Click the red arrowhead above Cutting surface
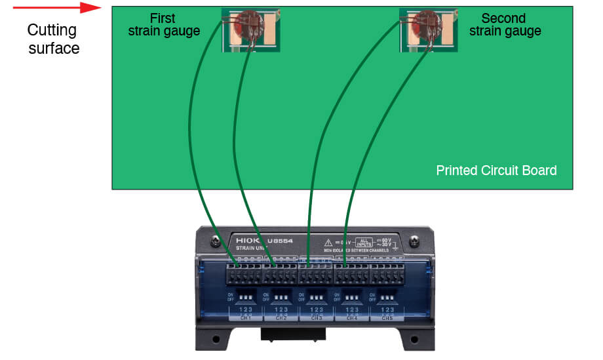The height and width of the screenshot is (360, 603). pyautogui.click(x=91, y=9)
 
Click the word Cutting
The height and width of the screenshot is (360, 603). pyautogui.click(x=52, y=31)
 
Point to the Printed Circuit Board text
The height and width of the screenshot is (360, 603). pyautogui.click(x=496, y=170)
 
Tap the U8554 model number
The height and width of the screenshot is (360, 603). pyautogui.click(x=281, y=241)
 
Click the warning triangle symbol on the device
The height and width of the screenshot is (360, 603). pyautogui.click(x=327, y=242)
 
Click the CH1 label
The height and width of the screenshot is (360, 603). pyautogui.click(x=246, y=318)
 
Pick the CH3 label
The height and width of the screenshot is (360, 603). pyautogui.click(x=317, y=318)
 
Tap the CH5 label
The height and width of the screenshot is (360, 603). pyautogui.click(x=388, y=318)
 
